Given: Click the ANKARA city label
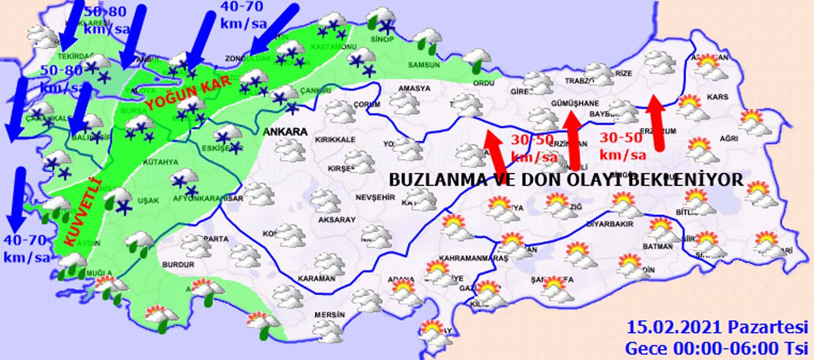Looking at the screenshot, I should [284, 132].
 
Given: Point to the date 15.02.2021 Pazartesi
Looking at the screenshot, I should [717, 328].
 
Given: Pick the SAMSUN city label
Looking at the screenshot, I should [424, 65].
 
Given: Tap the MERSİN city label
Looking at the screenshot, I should [329, 315].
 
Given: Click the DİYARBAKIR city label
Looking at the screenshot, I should [610, 225].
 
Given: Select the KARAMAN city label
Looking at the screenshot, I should [316, 279].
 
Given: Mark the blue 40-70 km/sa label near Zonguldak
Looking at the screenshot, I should [243, 15].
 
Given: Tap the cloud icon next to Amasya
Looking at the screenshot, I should [404, 102].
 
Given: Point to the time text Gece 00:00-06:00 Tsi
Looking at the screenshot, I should [716, 348].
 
